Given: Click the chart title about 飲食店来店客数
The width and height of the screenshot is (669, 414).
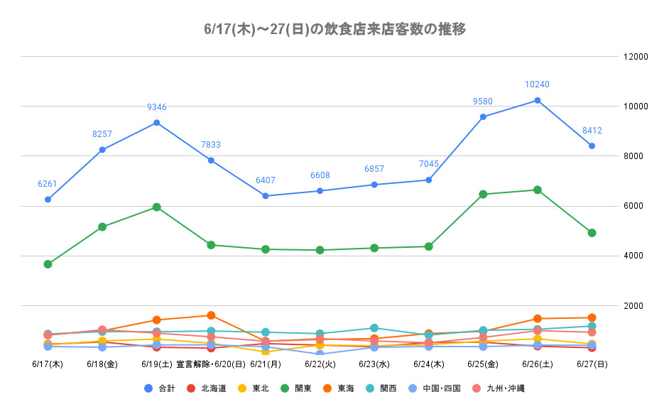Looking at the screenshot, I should (x=334, y=29).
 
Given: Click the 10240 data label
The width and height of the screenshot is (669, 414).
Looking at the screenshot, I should (x=537, y=85).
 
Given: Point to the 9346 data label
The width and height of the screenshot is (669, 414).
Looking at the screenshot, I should (x=157, y=107).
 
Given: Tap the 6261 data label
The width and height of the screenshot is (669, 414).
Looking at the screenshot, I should (x=48, y=184).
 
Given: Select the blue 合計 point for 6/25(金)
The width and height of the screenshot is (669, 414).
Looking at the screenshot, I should (x=483, y=116).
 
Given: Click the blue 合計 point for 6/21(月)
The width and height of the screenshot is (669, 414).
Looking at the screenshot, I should (x=266, y=196).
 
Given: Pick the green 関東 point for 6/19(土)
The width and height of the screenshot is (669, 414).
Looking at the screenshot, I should (x=157, y=207).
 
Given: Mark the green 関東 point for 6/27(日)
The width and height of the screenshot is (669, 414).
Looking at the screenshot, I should (x=592, y=233).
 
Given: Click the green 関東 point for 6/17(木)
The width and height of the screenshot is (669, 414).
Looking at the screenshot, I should (x=48, y=264).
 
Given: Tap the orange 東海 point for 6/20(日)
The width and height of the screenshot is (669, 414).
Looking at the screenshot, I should (x=211, y=315).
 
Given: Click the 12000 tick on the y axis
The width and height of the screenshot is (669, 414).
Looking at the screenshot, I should (x=635, y=57).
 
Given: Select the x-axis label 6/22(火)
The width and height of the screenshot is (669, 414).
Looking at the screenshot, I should (x=320, y=364).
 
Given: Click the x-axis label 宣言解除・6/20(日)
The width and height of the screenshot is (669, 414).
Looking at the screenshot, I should (x=211, y=364).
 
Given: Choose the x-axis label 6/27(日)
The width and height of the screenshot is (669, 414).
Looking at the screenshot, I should (x=592, y=364).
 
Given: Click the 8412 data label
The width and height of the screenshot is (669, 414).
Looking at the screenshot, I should (x=592, y=131).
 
